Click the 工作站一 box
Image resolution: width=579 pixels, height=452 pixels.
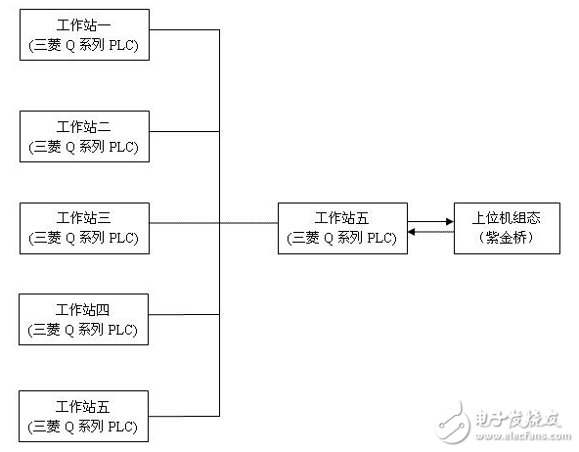84,34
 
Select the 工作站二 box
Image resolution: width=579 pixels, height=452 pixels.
84,136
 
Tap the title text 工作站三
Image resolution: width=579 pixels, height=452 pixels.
84,217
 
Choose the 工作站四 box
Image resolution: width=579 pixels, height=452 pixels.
84,319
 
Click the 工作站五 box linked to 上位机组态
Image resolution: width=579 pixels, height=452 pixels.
342,228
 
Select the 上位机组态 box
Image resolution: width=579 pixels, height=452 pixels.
507,228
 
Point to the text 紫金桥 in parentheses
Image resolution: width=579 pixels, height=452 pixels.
506,238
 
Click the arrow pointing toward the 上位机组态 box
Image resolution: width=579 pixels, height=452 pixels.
430,222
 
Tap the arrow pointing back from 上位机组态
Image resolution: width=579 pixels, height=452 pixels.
430,233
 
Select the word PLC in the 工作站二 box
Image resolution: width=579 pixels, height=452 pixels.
124,147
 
